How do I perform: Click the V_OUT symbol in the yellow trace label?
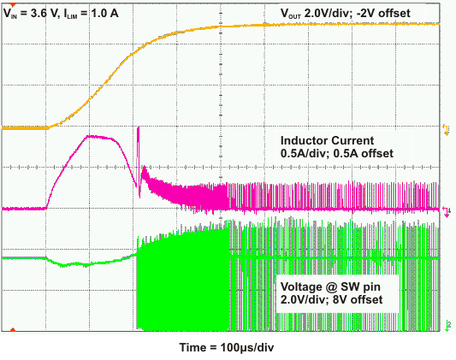294,13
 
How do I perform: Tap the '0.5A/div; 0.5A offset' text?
337,153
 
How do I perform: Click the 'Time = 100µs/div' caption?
226,349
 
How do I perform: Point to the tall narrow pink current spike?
138,141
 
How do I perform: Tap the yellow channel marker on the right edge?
446,128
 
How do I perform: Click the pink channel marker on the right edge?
446,209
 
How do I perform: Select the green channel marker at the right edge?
446,324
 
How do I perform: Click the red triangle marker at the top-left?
10,5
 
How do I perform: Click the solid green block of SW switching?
184,282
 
